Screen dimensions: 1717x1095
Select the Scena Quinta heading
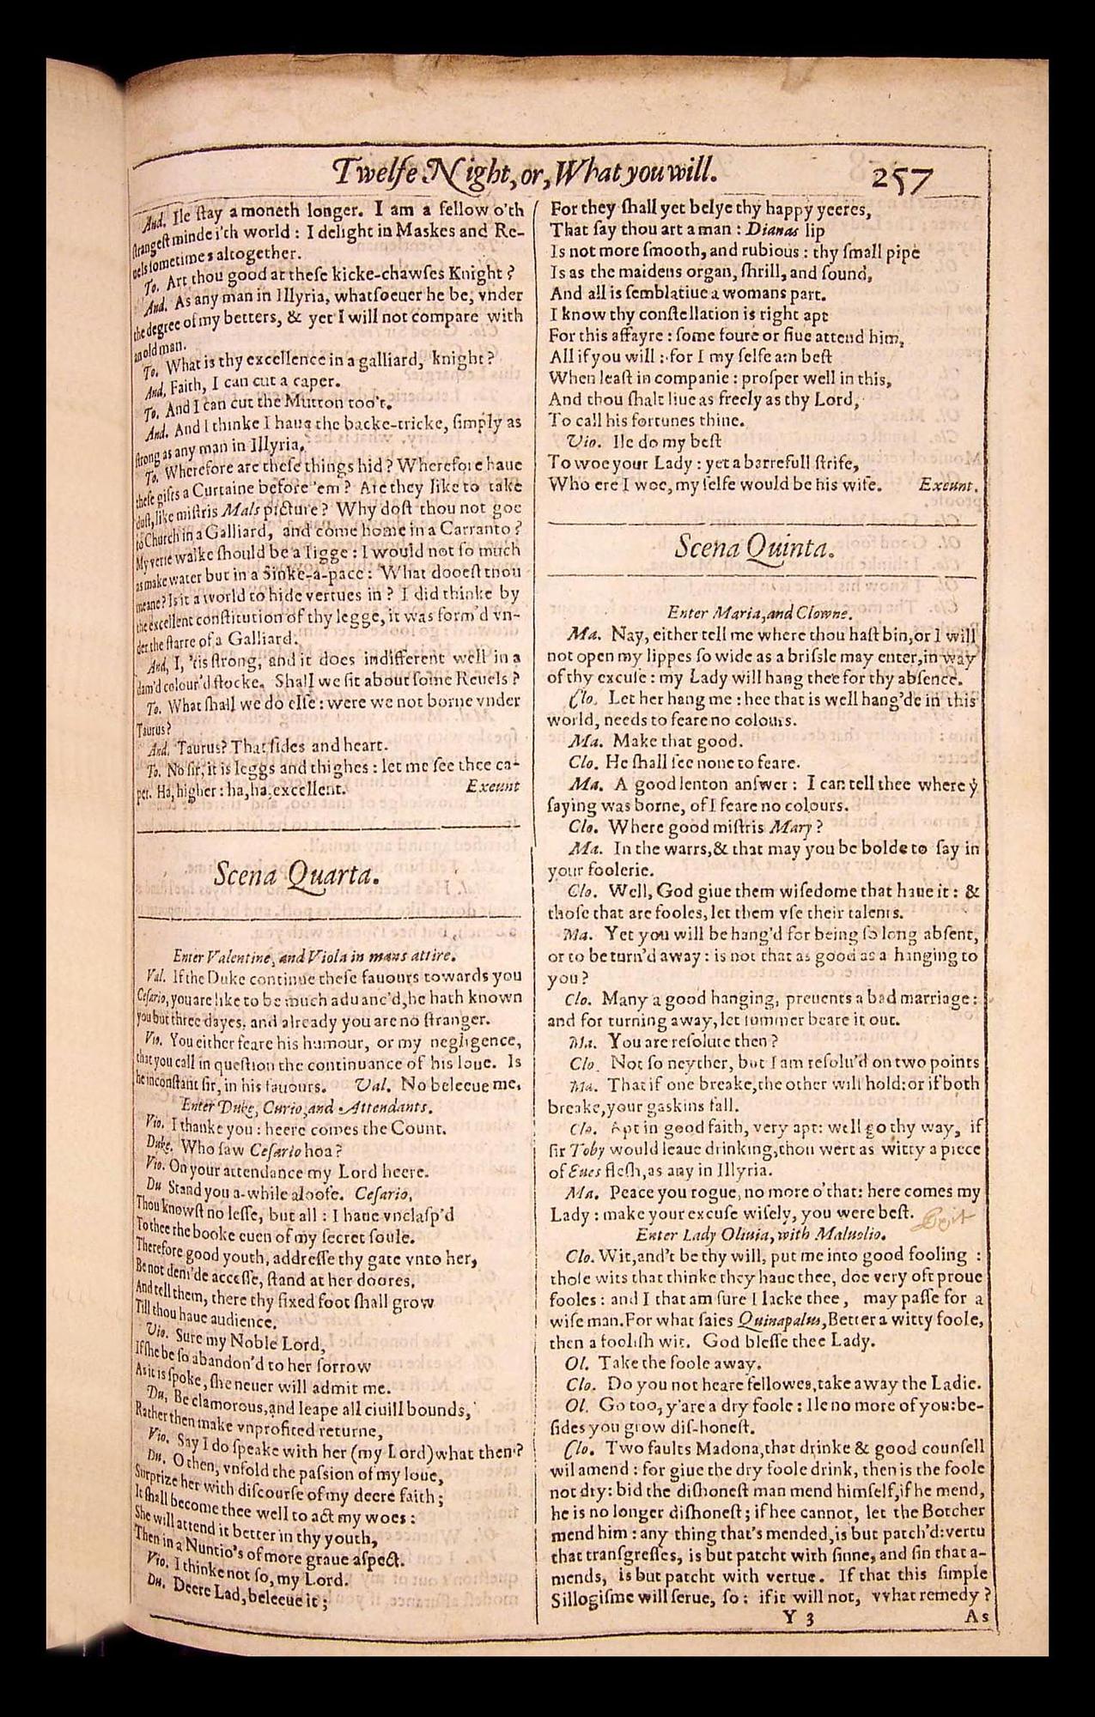tap(753, 547)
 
